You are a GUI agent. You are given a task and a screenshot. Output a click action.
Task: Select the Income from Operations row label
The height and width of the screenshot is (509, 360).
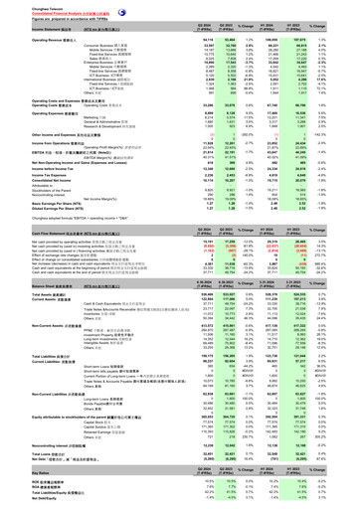(36, 144)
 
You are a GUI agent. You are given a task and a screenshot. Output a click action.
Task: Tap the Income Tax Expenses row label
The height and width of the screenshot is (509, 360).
(29, 189)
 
